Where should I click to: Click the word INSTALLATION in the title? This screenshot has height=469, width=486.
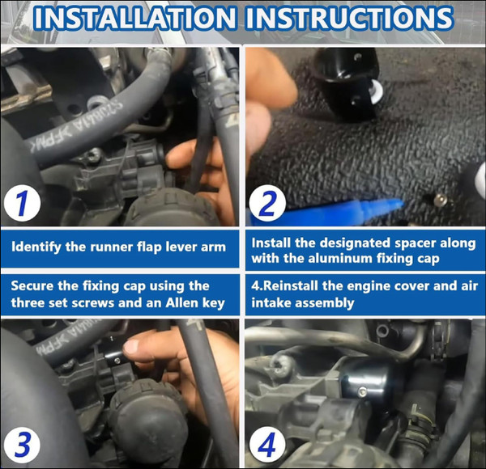coord(134,18)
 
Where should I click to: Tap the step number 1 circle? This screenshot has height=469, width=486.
coord(23,203)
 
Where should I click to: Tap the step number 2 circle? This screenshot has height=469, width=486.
coord(267,204)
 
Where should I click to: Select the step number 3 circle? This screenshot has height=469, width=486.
coord(23,446)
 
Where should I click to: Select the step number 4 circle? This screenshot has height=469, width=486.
coord(267,446)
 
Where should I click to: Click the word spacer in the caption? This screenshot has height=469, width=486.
coord(416,243)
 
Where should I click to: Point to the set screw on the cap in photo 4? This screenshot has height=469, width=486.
coord(362,392)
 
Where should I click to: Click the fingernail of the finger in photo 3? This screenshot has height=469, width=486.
coord(131,346)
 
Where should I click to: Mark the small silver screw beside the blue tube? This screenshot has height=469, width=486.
coord(440,201)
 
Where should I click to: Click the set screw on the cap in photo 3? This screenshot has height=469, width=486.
coord(117,361)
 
